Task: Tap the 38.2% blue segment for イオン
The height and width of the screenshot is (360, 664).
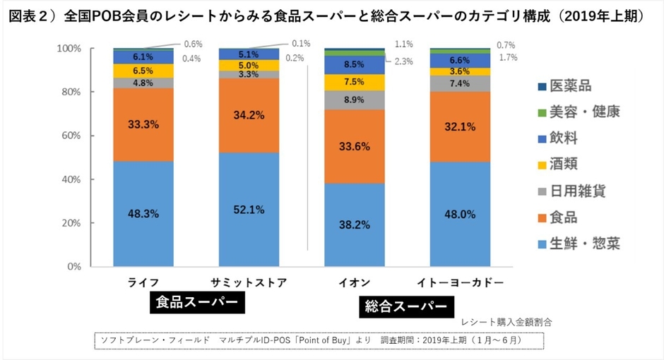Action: coord(354,225)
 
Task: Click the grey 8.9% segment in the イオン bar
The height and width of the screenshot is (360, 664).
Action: coord(354,100)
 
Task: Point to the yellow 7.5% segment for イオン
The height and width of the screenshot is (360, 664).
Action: coord(354,82)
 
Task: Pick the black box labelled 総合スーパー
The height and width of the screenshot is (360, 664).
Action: coord(405,307)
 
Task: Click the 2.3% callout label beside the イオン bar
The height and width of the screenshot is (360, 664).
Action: coord(403,61)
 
